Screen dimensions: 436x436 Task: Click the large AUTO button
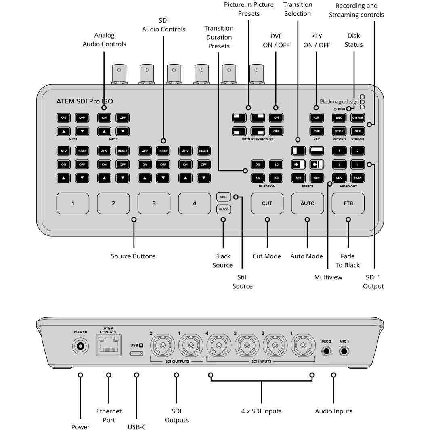[x=307, y=203]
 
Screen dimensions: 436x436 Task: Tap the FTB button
[x=348, y=203]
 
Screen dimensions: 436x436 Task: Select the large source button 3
[x=154, y=203]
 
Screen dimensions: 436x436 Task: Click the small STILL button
[x=223, y=197]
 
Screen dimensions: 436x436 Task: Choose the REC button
[x=339, y=118]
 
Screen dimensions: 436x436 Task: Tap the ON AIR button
[x=357, y=118]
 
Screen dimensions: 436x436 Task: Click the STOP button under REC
[x=339, y=131]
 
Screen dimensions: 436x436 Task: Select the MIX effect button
[x=298, y=178]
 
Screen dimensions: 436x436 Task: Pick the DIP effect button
[x=317, y=178]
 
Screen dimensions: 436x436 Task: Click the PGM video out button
[x=357, y=178]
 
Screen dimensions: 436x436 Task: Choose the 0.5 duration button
[x=258, y=165]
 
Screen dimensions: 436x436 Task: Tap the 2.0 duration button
[x=276, y=178]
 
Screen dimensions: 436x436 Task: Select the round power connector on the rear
[x=80, y=346]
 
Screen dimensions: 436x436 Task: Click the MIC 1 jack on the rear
[x=344, y=351]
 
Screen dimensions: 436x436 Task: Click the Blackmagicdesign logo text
[x=339, y=102]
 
